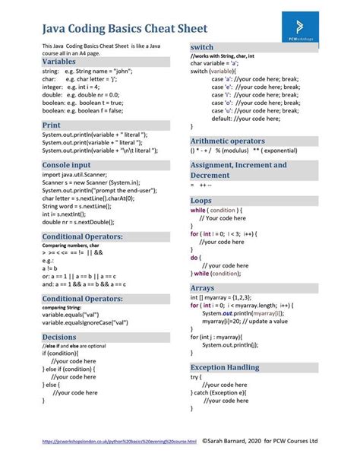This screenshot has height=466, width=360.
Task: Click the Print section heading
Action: coord(52,124)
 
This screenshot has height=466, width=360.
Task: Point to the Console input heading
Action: coord(67,164)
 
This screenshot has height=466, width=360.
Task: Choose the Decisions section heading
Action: coord(59,337)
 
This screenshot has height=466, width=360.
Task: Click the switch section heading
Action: coord(202,47)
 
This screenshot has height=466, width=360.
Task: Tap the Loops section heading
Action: coord(201,200)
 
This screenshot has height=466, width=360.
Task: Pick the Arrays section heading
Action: coord(203,288)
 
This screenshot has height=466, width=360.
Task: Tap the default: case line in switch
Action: coord(244,118)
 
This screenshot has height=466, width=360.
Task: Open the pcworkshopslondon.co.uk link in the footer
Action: coord(119,441)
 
